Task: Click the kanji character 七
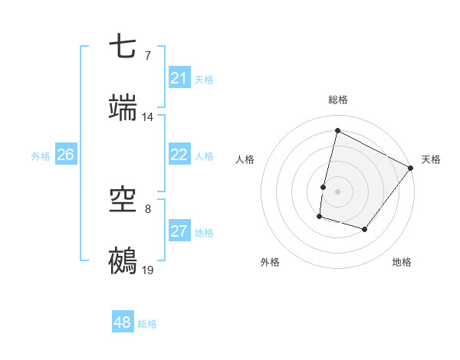[123, 47]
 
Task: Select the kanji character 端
[123, 109]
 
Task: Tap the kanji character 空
[123, 201]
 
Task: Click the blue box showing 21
[179, 77]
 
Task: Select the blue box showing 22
[179, 155]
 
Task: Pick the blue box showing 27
[179, 231]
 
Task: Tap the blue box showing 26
[65, 155]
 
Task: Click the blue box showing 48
[123, 322]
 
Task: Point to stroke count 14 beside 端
[148, 117]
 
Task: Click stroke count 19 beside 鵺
[148, 270]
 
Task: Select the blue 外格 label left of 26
[41, 155]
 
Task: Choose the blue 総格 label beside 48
[147, 324]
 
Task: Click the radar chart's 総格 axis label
[338, 100]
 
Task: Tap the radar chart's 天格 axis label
[431, 159]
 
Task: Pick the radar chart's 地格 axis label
[402, 262]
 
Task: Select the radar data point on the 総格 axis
[337, 130]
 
